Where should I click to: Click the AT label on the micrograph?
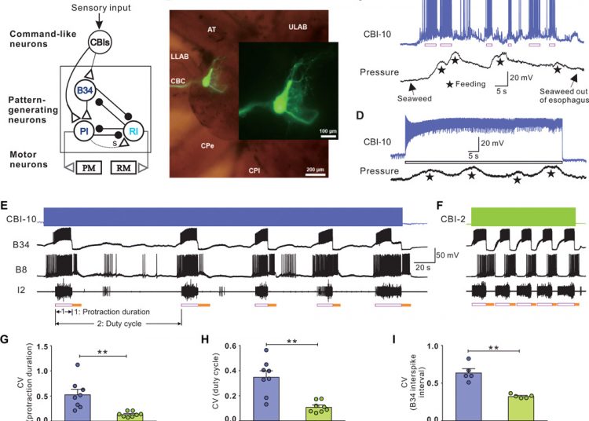tap(211, 29)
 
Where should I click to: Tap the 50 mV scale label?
tap(426, 254)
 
